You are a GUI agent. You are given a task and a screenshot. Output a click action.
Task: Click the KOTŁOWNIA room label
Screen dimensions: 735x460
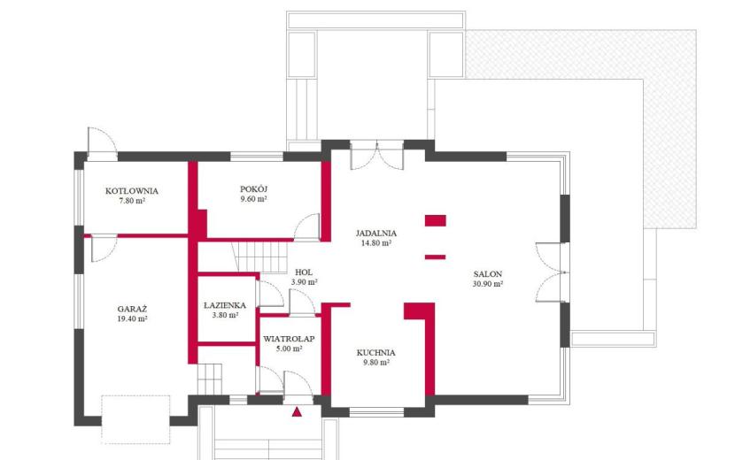(x=132, y=191)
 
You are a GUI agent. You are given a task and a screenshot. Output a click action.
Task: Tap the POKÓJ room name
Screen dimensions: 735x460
(x=253, y=189)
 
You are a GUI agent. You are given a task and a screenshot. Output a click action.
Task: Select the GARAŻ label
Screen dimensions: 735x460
(x=132, y=309)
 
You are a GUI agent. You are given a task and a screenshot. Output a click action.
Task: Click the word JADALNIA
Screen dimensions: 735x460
(x=376, y=234)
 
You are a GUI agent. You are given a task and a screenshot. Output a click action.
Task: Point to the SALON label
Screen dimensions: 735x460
(x=488, y=274)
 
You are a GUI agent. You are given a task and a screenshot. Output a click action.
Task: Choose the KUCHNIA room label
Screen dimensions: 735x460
(x=376, y=353)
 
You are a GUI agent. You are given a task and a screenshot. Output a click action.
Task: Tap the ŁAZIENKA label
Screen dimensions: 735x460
(x=225, y=305)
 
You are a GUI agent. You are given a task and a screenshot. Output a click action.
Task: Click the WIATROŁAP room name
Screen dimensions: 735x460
(x=289, y=339)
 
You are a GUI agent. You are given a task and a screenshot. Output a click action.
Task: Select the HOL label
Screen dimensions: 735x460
(x=304, y=272)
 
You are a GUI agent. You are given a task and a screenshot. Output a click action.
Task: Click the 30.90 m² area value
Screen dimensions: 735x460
(x=488, y=284)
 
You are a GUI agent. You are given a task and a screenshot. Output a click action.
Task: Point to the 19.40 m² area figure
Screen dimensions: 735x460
(x=132, y=319)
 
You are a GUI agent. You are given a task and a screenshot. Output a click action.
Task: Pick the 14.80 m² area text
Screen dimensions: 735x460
(x=376, y=243)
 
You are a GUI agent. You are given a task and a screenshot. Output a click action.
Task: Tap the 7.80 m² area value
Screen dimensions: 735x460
(x=132, y=201)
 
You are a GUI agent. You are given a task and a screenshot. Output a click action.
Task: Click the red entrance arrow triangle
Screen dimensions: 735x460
(x=297, y=412)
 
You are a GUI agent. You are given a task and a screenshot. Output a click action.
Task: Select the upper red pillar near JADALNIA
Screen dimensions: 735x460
(x=436, y=220)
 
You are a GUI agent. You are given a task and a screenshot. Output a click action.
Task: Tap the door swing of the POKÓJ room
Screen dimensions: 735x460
(x=307, y=227)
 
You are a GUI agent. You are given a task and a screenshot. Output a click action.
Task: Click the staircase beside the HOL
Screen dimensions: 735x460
(x=260, y=257)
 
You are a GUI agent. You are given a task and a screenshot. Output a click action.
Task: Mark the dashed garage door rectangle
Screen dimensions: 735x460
(x=136, y=419)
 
